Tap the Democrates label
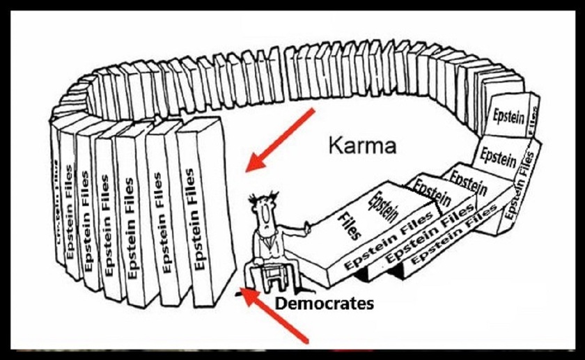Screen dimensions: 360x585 [323, 304]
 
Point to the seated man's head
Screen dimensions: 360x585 [263, 209]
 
